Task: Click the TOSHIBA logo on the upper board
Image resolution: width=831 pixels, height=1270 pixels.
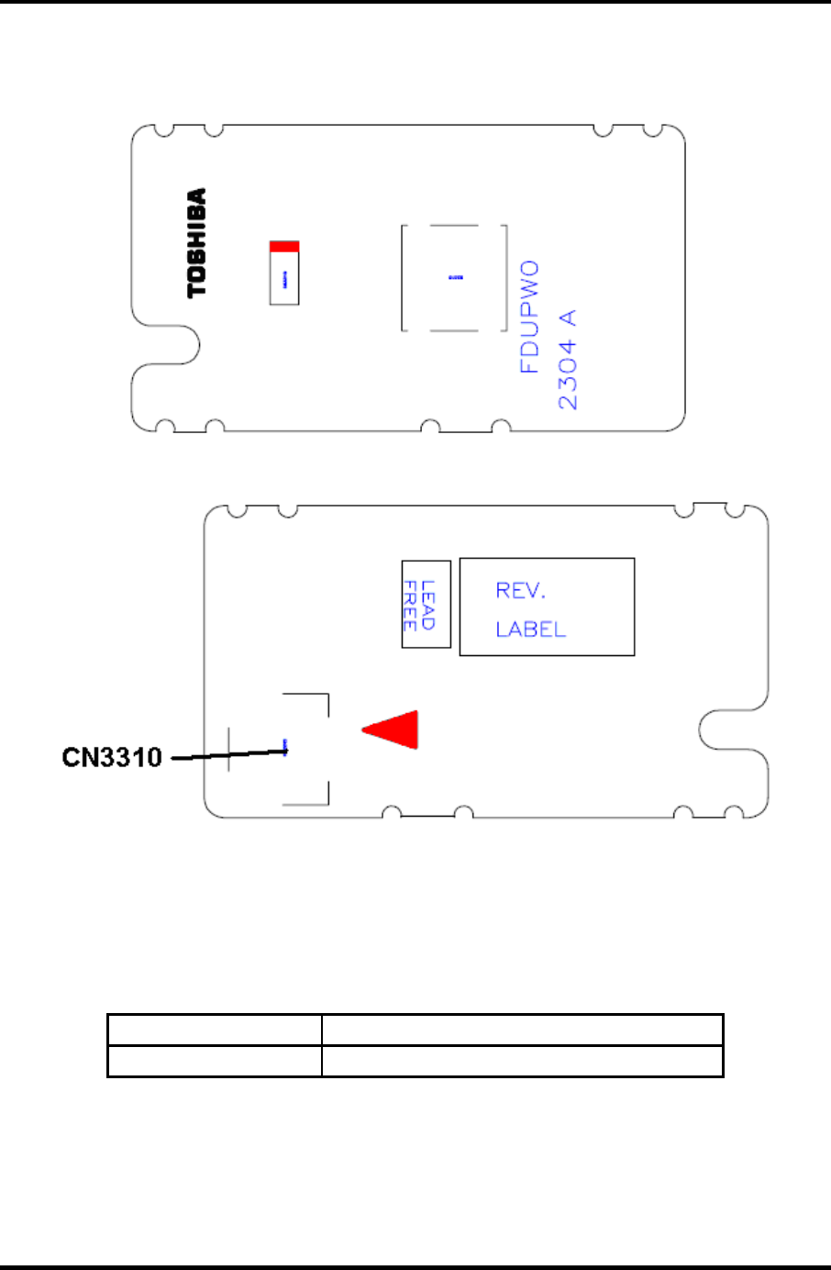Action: [x=197, y=243]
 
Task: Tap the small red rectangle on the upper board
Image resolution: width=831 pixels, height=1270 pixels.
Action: [x=284, y=247]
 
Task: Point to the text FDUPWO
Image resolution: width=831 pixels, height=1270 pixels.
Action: [x=529, y=317]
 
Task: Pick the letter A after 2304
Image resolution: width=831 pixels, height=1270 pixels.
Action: [x=569, y=317]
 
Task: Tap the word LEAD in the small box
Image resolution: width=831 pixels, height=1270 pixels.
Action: [x=428, y=605]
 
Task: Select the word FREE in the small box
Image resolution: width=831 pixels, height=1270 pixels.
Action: [x=409, y=605]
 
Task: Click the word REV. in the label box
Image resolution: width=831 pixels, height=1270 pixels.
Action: [x=520, y=591]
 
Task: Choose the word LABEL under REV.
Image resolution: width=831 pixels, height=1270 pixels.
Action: [x=530, y=629]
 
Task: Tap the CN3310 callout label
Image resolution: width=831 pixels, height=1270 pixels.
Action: [x=112, y=757]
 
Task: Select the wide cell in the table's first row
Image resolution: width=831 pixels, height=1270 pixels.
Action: [x=522, y=1030]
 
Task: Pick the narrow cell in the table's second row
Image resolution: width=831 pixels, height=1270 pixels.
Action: [x=215, y=1061]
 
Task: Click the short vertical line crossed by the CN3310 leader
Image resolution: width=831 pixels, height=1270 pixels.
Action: [x=228, y=748]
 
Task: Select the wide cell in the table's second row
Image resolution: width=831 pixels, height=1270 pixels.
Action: [x=522, y=1061]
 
